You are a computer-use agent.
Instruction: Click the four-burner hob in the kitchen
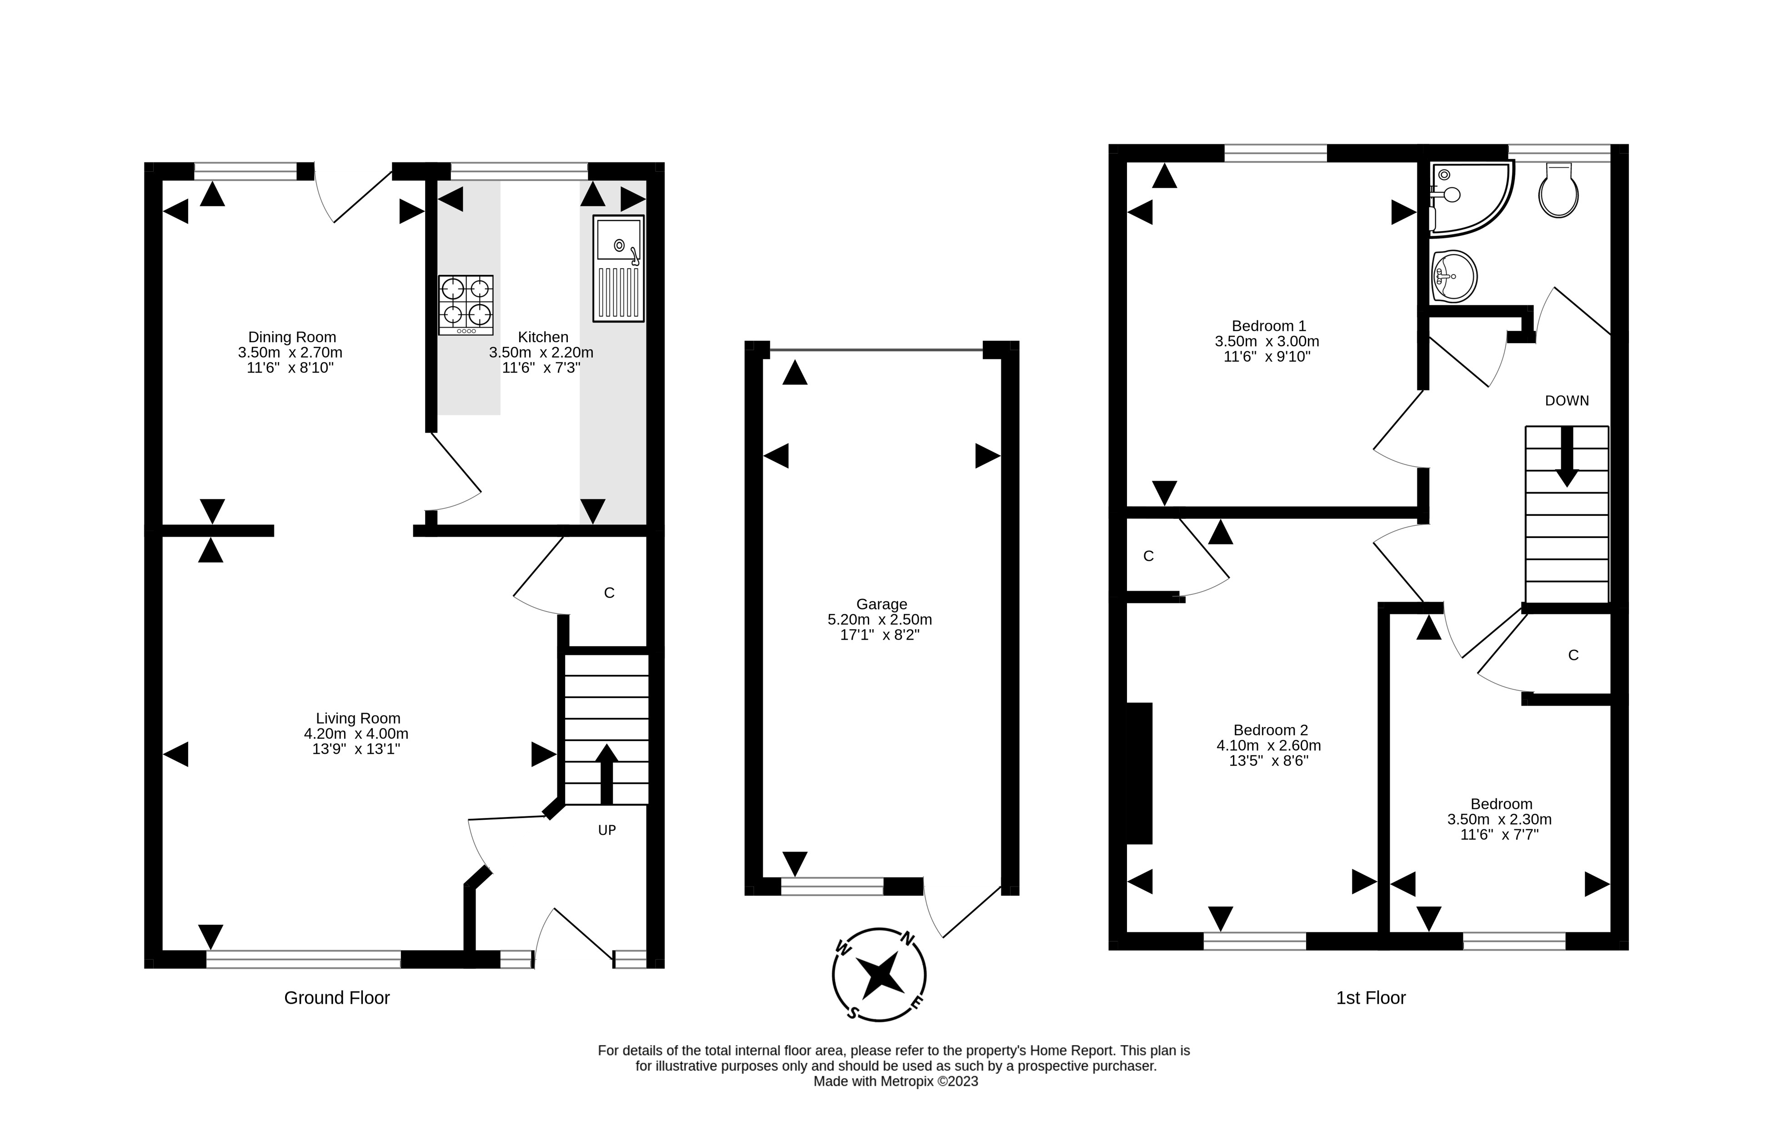(x=466, y=304)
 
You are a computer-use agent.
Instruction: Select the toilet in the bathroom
(x=1558, y=191)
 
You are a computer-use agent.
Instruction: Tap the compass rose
(x=879, y=974)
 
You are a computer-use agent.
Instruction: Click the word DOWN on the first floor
(x=1567, y=400)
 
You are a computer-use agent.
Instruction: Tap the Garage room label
(x=881, y=604)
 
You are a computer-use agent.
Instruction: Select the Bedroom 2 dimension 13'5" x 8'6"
(x=1268, y=761)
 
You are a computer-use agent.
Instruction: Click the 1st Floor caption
(x=1370, y=998)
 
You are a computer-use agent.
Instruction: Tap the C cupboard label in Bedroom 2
(x=1148, y=556)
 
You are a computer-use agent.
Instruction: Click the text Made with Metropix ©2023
(x=895, y=1081)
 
